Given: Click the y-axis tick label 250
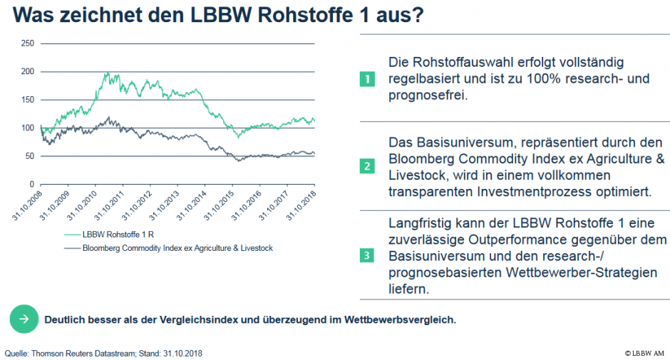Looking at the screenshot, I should pyautogui.click(x=27, y=43).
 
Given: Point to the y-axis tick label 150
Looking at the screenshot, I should pyautogui.click(x=27, y=100).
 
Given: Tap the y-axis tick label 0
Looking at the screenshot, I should pyautogui.click(x=31, y=184).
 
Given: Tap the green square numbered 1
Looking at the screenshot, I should pyautogui.click(x=366, y=78).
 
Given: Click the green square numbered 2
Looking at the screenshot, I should pyautogui.click(x=366, y=167).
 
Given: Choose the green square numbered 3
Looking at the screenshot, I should pyautogui.click(x=366, y=255).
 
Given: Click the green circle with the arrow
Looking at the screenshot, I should pyautogui.click(x=24, y=319).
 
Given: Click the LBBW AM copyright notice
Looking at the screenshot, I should pyautogui.click(x=645, y=353).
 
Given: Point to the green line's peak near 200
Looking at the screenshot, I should pyautogui.click(x=108, y=73).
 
